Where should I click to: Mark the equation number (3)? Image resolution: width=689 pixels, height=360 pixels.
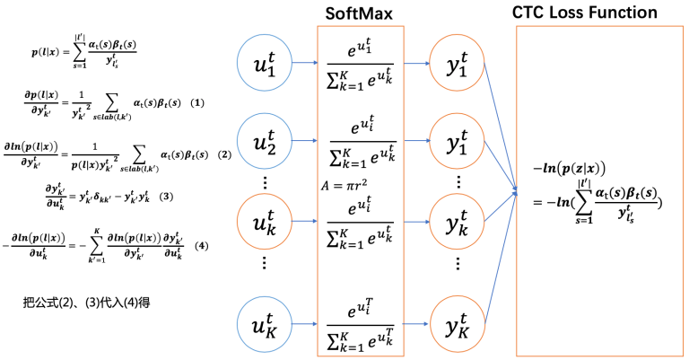point(164,196)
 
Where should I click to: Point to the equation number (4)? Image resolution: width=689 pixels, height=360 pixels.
point(202,245)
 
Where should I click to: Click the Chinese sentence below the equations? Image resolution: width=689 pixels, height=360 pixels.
point(86,303)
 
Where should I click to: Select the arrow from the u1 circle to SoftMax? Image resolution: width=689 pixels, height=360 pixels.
point(306,64)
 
